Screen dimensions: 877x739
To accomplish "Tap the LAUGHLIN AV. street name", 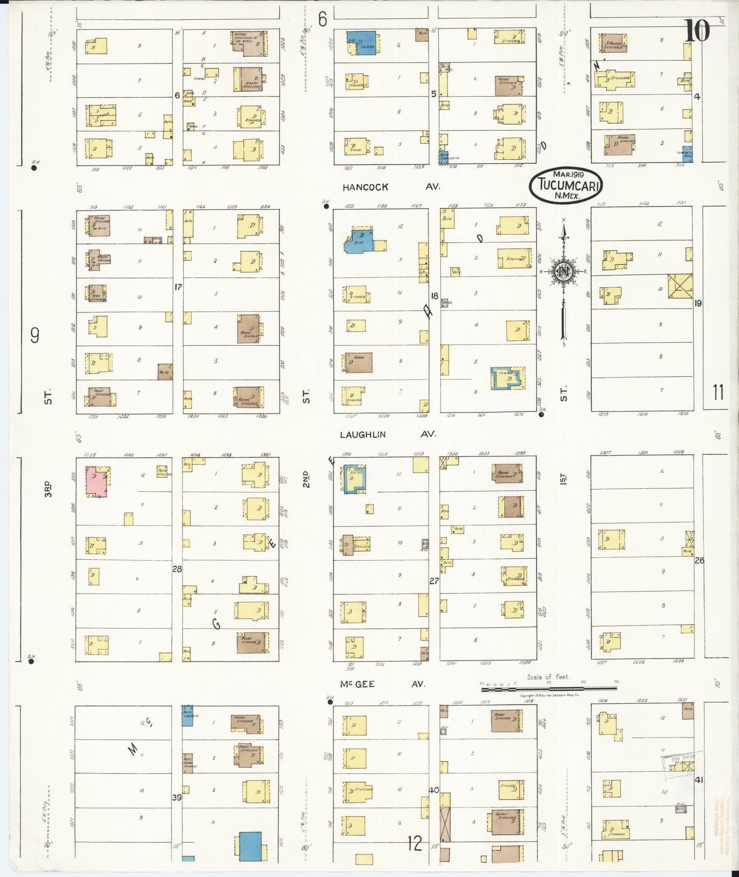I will (388, 434).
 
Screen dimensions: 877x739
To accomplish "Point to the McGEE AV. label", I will (382, 684).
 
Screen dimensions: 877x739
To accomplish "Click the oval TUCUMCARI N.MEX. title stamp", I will (566, 185).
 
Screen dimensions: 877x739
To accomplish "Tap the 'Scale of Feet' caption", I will (548, 677).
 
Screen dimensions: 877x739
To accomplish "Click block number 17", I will (177, 288).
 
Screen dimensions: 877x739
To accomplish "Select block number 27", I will (434, 581).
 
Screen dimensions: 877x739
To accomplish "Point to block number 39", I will (177, 797).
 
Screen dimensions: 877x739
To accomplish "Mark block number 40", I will (434, 790).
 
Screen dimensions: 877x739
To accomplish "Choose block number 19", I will (698, 303).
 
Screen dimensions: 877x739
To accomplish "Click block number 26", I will (699, 560).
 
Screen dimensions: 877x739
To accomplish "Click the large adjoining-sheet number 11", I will (718, 393).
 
